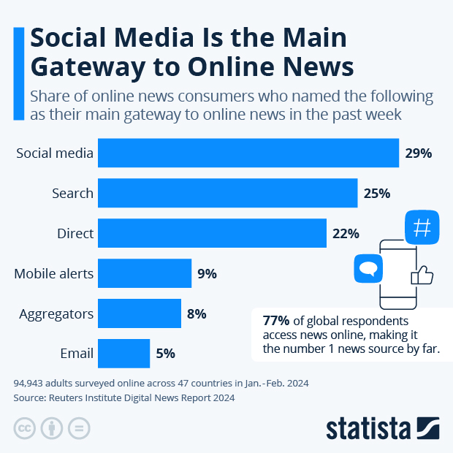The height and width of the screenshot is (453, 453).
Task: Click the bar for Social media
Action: click(248, 153)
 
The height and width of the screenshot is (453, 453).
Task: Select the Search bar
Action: click(227, 194)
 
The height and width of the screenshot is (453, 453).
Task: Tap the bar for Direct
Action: click(212, 234)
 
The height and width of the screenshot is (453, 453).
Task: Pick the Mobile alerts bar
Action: click(145, 274)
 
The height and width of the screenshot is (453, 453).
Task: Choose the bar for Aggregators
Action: click(140, 314)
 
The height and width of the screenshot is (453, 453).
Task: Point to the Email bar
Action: click(123, 354)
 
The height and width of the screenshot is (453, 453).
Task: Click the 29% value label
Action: click(419, 153)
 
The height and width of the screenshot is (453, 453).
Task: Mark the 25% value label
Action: click(377, 194)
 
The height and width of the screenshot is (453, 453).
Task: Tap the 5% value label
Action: click(165, 354)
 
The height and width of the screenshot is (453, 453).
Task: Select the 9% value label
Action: click(207, 274)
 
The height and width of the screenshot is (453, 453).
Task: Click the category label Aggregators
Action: click(56, 314)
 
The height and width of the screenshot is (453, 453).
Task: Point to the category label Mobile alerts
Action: click(54, 274)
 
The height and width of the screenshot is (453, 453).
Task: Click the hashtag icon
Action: click(422, 228)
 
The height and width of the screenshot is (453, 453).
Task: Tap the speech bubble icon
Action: click(368, 268)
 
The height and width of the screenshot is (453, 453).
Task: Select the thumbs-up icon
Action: click(422, 275)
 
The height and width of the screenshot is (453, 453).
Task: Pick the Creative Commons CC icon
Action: click(25, 427)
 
